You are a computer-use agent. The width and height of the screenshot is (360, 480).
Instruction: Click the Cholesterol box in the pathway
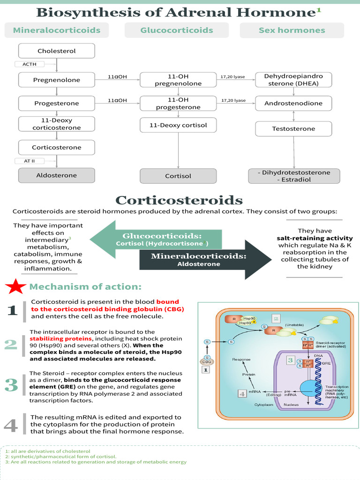57,51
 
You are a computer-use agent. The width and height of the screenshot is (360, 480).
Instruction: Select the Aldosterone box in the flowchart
57,175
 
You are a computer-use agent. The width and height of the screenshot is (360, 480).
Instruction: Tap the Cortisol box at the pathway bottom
178,176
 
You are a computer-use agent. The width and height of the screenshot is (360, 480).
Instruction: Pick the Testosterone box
293,128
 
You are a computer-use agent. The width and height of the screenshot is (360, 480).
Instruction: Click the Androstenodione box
293,103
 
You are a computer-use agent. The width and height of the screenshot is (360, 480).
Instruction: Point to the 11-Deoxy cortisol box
178,125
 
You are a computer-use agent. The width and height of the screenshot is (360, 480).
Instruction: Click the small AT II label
30,161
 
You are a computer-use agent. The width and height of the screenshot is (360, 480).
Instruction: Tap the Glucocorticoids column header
177,30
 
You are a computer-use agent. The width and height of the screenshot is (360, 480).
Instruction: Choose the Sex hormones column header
292,30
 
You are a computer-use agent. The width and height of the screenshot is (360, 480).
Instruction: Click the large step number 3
11,385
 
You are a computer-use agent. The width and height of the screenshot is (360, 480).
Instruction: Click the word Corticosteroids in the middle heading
179,201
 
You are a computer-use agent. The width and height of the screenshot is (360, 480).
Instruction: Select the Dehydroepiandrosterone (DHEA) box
293,80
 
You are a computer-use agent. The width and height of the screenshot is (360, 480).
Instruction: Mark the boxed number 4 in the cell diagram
242,394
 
